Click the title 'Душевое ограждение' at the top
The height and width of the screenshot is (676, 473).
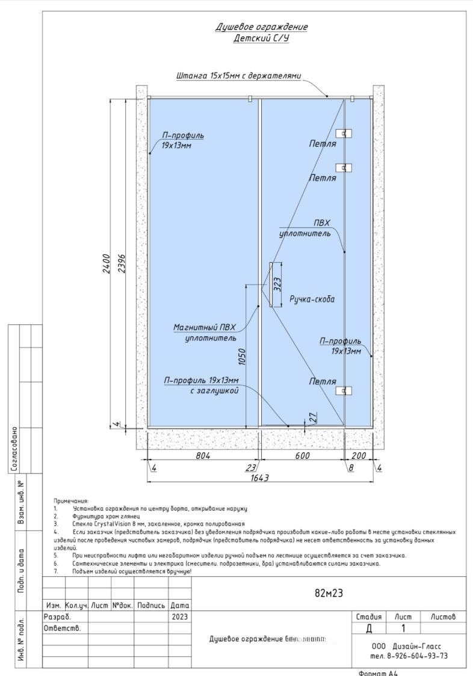click(262, 27)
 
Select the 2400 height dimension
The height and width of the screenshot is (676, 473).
click(106, 262)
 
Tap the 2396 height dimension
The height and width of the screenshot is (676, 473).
click(122, 262)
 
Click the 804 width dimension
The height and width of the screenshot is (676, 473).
click(203, 456)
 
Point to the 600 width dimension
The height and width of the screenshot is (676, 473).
click(302, 456)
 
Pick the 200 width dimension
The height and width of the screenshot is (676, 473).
click(359, 456)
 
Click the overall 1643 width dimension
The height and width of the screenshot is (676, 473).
click(259, 478)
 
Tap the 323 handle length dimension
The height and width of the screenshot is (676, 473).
click(277, 284)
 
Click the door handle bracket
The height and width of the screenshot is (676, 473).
click(271, 284)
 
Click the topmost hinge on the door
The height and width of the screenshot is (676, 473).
click(344, 133)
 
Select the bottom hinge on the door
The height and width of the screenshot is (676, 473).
click(344, 390)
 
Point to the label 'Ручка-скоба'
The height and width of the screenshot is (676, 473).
click(312, 299)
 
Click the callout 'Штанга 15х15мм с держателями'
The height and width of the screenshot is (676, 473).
click(238, 76)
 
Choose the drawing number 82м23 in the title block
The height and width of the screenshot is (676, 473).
click(329, 592)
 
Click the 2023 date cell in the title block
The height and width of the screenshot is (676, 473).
click(179, 617)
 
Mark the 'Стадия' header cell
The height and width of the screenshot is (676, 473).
click(369, 617)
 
